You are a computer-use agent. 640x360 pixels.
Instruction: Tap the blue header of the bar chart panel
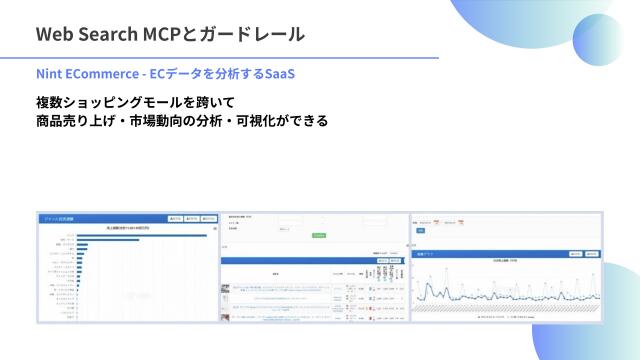[100, 218]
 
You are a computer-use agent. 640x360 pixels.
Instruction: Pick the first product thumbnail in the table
[225, 289]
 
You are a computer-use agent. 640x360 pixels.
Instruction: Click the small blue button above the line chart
[420, 231]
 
